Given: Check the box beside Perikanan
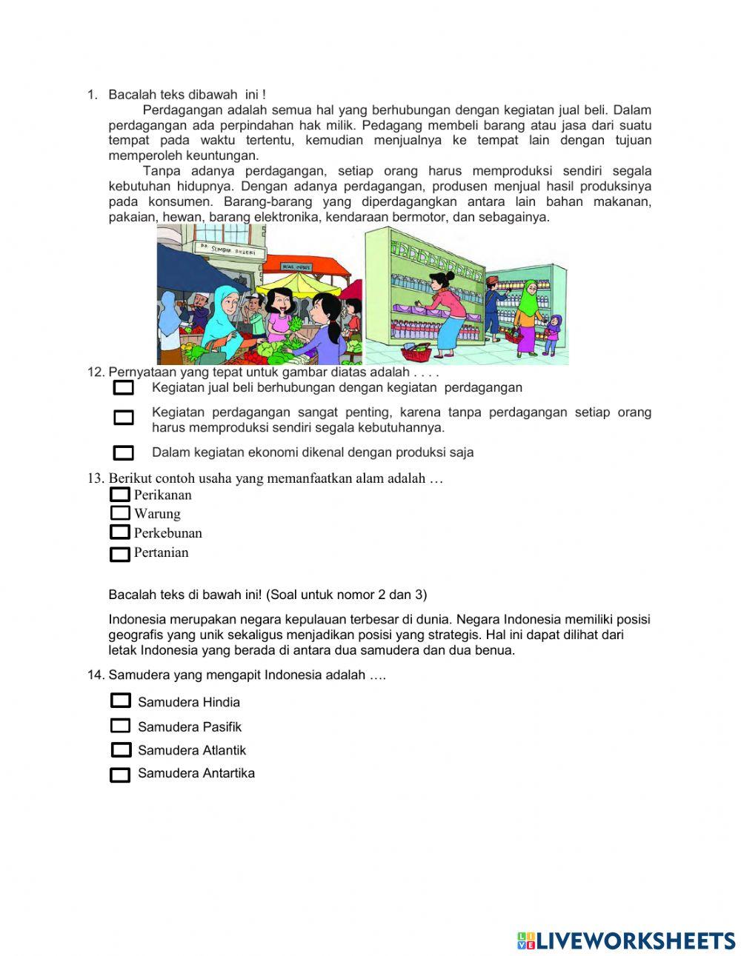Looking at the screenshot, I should [119, 495].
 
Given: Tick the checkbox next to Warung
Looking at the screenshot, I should [120, 513].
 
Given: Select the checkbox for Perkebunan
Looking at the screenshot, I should [119, 532].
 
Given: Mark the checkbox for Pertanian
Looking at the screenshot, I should [119, 554].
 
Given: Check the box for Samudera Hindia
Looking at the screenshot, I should [120, 701].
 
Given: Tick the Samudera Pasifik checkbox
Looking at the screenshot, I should [120, 726].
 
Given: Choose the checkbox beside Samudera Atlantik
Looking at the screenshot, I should [121, 750].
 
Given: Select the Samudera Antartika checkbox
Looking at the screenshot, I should [120, 775].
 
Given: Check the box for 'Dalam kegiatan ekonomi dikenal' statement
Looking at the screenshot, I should [123, 452].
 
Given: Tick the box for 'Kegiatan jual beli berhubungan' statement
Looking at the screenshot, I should [123, 387].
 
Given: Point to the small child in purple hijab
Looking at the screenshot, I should [552, 333].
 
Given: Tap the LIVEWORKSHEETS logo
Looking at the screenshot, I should [625, 940].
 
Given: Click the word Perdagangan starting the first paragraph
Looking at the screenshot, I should [181, 110].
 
